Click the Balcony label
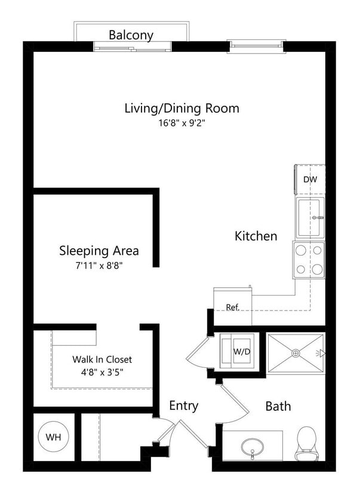pos(131,35)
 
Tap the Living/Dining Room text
pos(181,108)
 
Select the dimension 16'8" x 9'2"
pos(181,123)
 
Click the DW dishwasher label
pos(309,179)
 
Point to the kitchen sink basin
pos(309,218)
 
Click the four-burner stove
pos(309,260)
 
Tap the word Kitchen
pos(256,236)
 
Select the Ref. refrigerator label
pos(232,307)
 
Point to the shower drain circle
pos(295,353)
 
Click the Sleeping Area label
pos(99,250)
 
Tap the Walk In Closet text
pos(102,359)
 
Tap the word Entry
pos(183,405)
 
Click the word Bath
pos(278,406)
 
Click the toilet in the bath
pos(306,443)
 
